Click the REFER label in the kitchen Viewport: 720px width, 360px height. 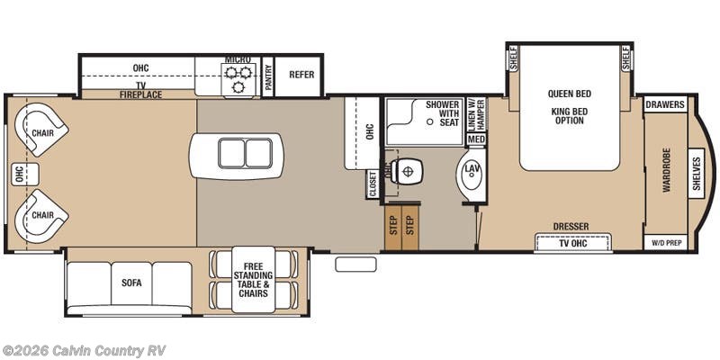point(301,75)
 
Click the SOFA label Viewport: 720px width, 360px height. point(131,282)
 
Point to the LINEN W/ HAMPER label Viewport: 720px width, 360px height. point(477,116)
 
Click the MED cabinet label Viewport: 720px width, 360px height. point(476,139)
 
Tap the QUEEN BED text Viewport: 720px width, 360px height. point(569,94)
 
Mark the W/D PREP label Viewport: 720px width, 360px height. point(665,243)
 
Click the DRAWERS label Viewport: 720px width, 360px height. point(665,105)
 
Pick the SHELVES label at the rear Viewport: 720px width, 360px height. point(697,173)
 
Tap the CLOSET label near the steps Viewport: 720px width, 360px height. point(372,184)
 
